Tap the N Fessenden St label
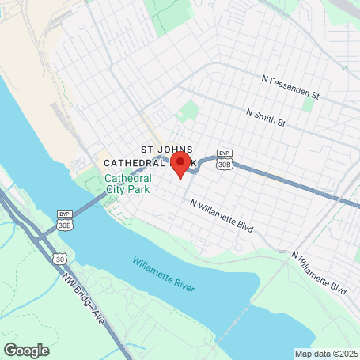290,85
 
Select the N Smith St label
264,118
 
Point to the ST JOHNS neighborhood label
167,148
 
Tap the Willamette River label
163,274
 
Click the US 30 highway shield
60,258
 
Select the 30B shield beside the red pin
225,164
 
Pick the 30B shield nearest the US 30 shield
64,225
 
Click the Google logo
25,350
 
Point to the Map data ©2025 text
325,354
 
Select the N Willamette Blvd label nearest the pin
222,214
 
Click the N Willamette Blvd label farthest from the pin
319,271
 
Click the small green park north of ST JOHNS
189,111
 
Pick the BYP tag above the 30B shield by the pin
225,153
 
